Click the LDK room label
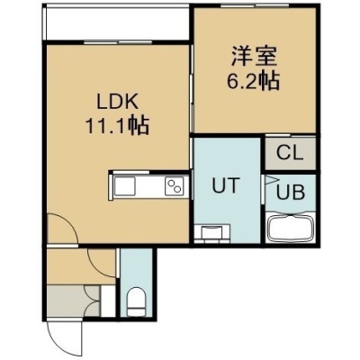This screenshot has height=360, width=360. tap(117, 102)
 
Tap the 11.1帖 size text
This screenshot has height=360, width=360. tap(117, 126)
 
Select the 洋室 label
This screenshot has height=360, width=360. tap(254, 57)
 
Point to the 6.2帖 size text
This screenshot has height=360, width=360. tap(253, 81)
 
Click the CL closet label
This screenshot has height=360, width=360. tap(290, 153)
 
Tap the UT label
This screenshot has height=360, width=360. tap(226, 185)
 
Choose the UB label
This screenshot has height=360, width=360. tap(291, 192)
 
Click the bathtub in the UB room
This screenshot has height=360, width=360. tap(291, 227)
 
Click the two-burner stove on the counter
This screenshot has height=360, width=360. tap(174, 186)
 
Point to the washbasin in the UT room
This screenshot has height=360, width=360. tap(212, 233)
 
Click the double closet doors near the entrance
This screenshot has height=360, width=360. tap(92, 301)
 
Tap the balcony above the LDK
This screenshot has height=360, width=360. tap(116, 22)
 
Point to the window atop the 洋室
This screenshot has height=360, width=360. tap(255, 5)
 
